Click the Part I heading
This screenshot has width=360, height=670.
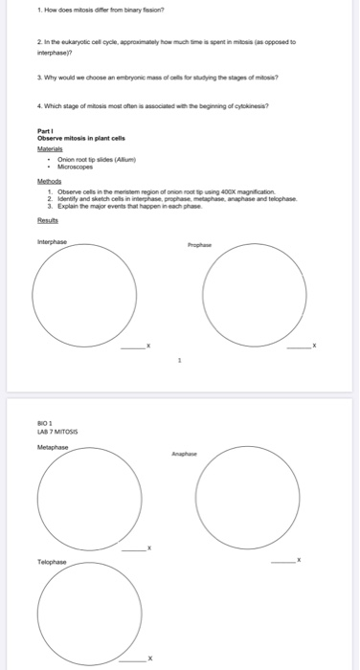[x=43, y=132]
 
